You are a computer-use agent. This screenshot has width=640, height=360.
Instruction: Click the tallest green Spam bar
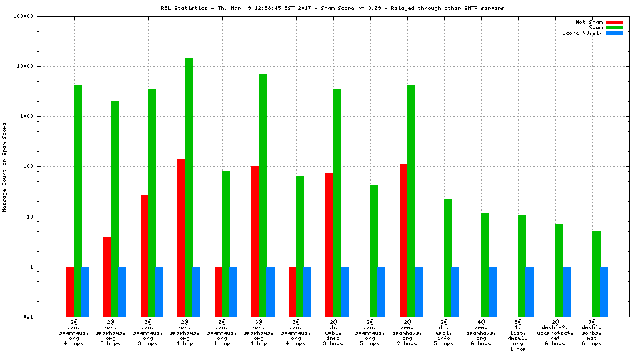[189, 187]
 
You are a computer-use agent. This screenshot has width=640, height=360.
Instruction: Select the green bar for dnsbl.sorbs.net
[596, 273]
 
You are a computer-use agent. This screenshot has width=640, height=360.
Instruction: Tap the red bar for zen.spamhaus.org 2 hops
[403, 240]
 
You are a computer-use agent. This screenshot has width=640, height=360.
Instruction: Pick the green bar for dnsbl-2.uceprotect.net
[559, 270]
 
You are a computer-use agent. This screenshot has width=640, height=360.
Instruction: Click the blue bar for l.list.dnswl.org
[530, 291]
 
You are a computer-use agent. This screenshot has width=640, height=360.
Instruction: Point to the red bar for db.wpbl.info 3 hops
[329, 245]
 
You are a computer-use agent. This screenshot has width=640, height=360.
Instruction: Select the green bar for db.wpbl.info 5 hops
[448, 257]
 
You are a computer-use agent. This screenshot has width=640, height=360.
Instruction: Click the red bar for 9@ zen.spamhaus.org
[218, 291]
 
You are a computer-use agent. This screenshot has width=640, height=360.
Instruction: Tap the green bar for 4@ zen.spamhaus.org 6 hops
[485, 264]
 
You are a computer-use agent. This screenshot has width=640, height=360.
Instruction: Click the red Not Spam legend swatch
[614, 22]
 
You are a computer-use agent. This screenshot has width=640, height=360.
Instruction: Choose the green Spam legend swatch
[614, 27]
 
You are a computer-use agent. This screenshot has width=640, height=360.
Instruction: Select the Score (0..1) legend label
[582, 33]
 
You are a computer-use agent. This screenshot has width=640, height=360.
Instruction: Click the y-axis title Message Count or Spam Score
[5, 167]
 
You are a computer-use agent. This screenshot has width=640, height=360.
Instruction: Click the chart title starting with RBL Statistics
[332, 8]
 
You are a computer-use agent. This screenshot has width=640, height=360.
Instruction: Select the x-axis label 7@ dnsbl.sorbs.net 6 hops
[591, 333]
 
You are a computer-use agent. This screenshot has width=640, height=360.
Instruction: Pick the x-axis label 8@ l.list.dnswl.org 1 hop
[517, 335]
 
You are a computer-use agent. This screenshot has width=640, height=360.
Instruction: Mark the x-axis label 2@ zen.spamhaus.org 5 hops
[369, 333]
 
